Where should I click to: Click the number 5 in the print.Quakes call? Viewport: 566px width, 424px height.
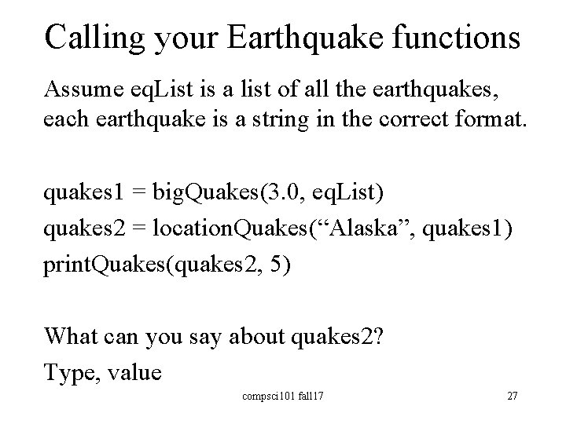(x=279, y=265)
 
